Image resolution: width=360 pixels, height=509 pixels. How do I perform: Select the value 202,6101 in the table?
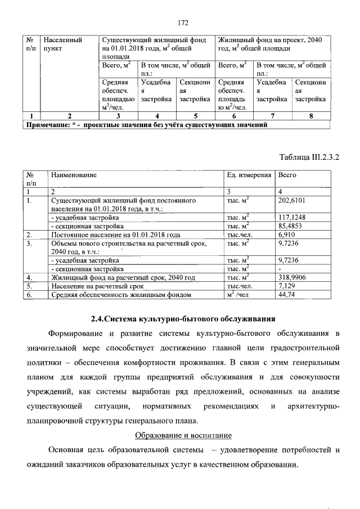tap(292, 200)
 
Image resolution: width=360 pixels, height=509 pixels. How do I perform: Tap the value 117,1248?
tap(292, 217)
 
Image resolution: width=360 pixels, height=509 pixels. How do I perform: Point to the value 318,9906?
tap(292, 277)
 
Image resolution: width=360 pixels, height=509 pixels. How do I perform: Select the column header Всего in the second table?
tap(287, 175)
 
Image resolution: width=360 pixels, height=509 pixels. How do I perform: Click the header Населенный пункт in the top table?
tap(62, 44)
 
